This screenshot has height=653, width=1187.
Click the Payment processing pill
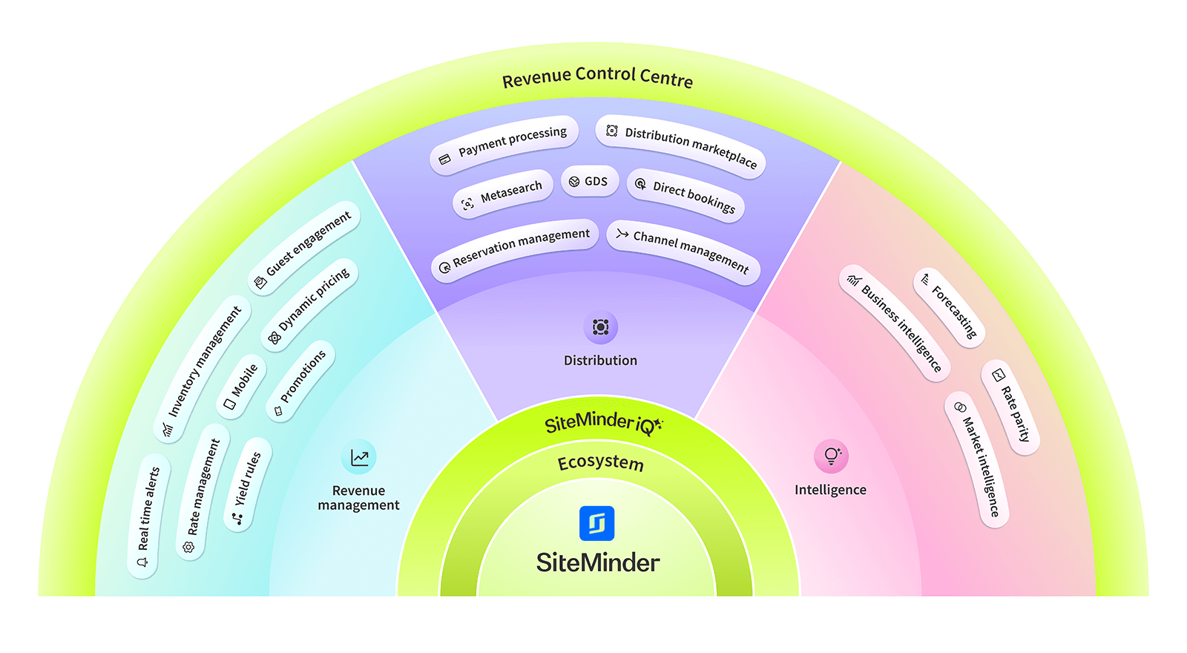504,145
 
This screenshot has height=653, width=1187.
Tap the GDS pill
590,181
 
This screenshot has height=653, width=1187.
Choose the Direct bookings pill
685,195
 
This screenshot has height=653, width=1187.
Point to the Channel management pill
683,252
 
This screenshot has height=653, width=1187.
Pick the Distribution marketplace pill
681,145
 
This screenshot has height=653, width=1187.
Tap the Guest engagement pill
304,248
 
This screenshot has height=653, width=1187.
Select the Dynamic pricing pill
311,304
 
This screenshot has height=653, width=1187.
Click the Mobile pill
241,386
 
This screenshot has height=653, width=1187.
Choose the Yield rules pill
248,484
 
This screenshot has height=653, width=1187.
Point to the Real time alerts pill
148,516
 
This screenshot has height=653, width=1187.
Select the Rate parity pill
1010,407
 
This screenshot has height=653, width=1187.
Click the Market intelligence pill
977,459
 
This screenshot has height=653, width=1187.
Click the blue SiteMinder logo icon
597,523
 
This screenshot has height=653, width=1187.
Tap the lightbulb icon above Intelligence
831,456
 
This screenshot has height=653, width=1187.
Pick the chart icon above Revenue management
359,457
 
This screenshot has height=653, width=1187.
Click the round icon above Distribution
600,327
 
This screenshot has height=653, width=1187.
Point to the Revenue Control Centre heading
597,77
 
